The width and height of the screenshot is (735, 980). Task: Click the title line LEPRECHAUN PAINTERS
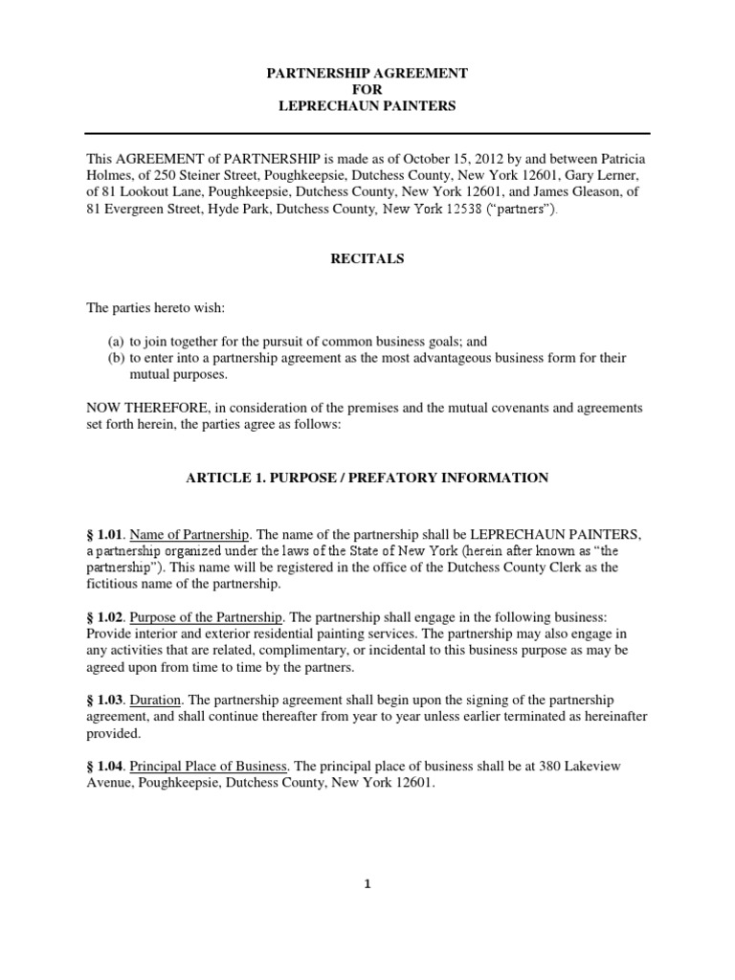pos(367,106)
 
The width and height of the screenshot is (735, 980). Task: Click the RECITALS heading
pos(367,258)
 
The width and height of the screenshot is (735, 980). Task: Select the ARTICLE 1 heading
pos(367,478)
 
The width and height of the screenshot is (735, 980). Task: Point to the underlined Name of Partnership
pos(189,533)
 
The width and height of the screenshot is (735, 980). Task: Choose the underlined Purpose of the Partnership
pos(206,615)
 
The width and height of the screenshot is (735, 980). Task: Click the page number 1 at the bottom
pos(367,884)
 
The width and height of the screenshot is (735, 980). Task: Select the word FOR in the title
pos(367,89)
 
